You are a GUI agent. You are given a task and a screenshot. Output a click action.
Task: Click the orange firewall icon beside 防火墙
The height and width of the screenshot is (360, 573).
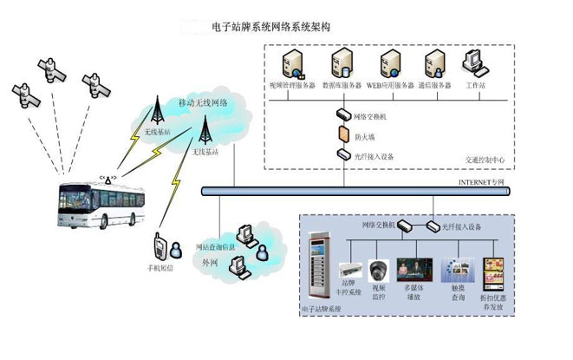pos(343,135)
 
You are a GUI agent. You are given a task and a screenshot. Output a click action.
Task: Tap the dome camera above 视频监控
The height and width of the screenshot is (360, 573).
pos(379,270)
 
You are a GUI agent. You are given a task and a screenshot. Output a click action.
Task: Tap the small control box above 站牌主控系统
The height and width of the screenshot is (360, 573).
pos(349,270)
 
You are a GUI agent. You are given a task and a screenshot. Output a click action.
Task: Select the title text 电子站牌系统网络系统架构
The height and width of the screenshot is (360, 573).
pos(270,27)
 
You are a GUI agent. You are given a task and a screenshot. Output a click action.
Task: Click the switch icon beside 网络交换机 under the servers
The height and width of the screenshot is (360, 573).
pos(343,115)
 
